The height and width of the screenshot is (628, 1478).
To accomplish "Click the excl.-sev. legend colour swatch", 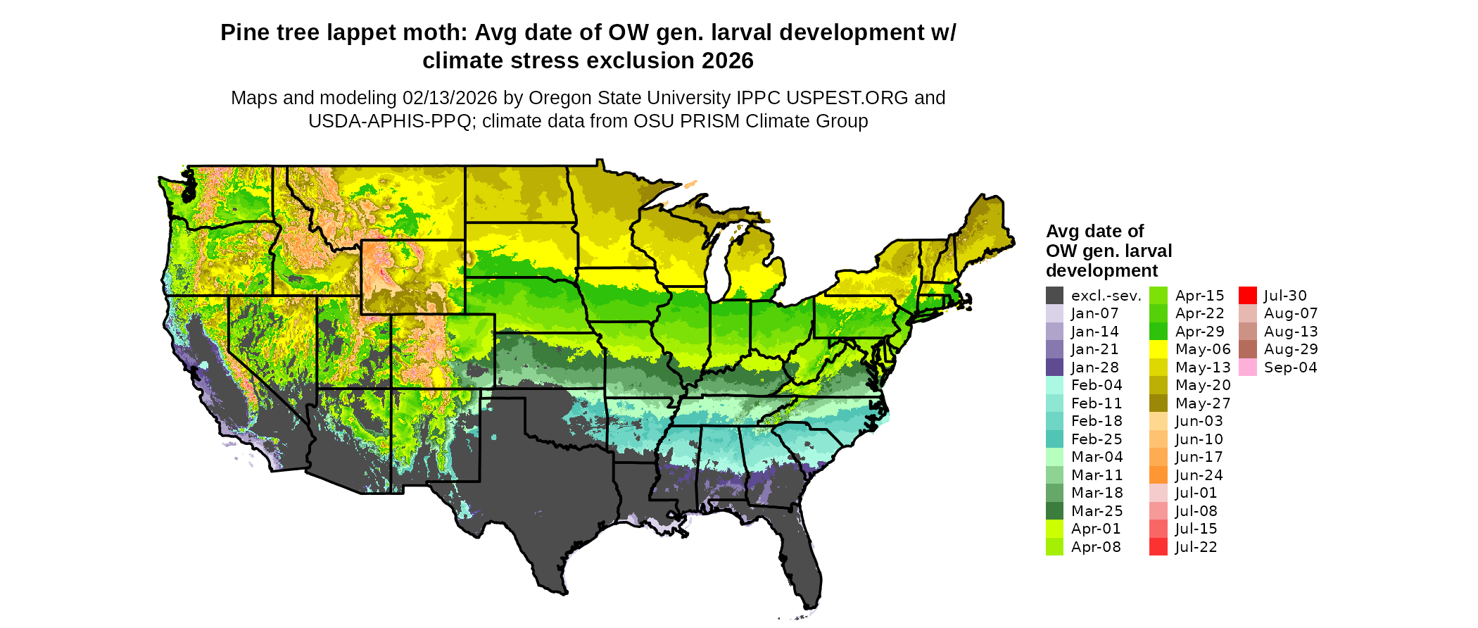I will pos(1054,296).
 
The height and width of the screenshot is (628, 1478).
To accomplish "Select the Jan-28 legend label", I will pos(1094,368).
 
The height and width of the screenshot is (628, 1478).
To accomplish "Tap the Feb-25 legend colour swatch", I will pos(1054,439).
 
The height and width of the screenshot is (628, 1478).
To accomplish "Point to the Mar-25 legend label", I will pos(1097,511).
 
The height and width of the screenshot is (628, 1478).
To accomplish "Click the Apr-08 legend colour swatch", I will pos(1054,547).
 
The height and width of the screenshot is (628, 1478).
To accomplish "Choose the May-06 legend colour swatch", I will pos(1158,349).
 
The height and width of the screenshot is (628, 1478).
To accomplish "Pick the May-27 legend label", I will pos(1203,403).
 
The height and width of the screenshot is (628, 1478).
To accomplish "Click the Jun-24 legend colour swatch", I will pos(1158,475).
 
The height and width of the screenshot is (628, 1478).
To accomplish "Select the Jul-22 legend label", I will pos(1196,547).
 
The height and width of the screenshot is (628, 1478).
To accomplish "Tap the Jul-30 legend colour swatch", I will pos(1248,296).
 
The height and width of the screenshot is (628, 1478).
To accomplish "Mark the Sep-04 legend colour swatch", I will pos(1248,368).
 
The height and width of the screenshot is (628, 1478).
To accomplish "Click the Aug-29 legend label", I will pos(1291,349).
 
